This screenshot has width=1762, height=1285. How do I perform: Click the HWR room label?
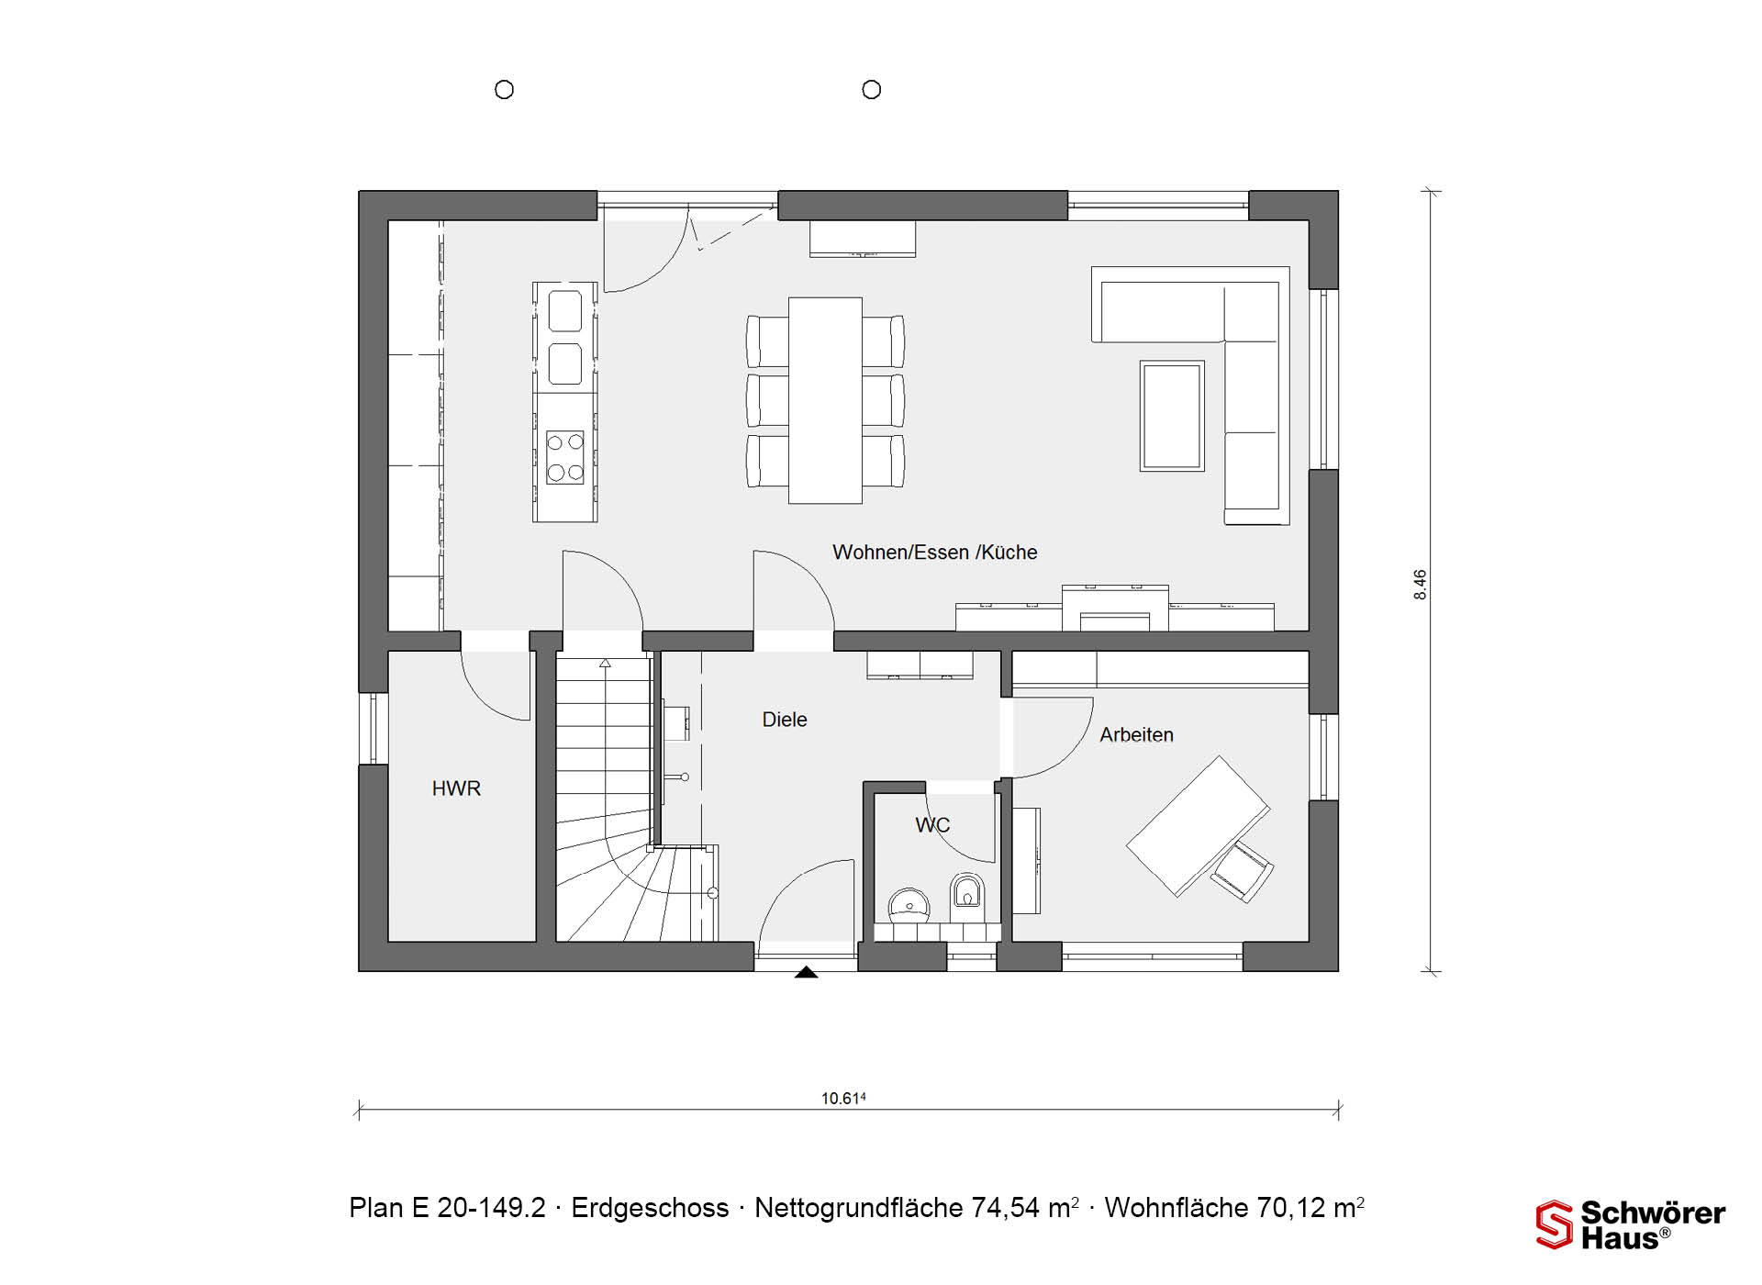pyautogui.click(x=456, y=788)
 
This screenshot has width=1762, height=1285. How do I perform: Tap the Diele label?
pyautogui.click(x=785, y=720)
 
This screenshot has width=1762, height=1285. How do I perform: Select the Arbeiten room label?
pyautogui.click(x=1136, y=734)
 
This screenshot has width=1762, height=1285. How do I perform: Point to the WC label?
pyautogui.click(x=932, y=825)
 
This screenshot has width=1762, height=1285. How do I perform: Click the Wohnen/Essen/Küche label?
pyautogui.click(x=935, y=553)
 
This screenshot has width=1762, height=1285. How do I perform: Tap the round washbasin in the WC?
pyautogui.click(x=909, y=904)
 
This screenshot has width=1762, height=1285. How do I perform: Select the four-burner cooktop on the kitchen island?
pyautogui.click(x=565, y=457)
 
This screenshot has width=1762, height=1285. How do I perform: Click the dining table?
pyautogui.click(x=825, y=400)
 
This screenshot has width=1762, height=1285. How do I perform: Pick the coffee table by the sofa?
pyautogui.click(x=1172, y=416)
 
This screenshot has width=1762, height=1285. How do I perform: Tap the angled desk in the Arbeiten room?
pyautogui.click(x=1198, y=825)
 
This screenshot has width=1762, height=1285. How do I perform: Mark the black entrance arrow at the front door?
pyautogui.click(x=806, y=972)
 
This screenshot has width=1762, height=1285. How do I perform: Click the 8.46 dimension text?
pyautogui.click(x=1421, y=585)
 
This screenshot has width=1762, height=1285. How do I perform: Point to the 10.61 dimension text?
pyautogui.click(x=843, y=1098)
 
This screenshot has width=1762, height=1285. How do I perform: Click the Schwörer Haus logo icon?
pyautogui.click(x=1555, y=1224)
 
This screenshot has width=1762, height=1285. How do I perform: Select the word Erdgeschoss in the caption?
pyautogui.click(x=650, y=1208)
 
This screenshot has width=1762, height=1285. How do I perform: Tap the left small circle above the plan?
pyautogui.click(x=504, y=90)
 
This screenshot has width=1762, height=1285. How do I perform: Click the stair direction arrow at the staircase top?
pyautogui.click(x=605, y=663)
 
